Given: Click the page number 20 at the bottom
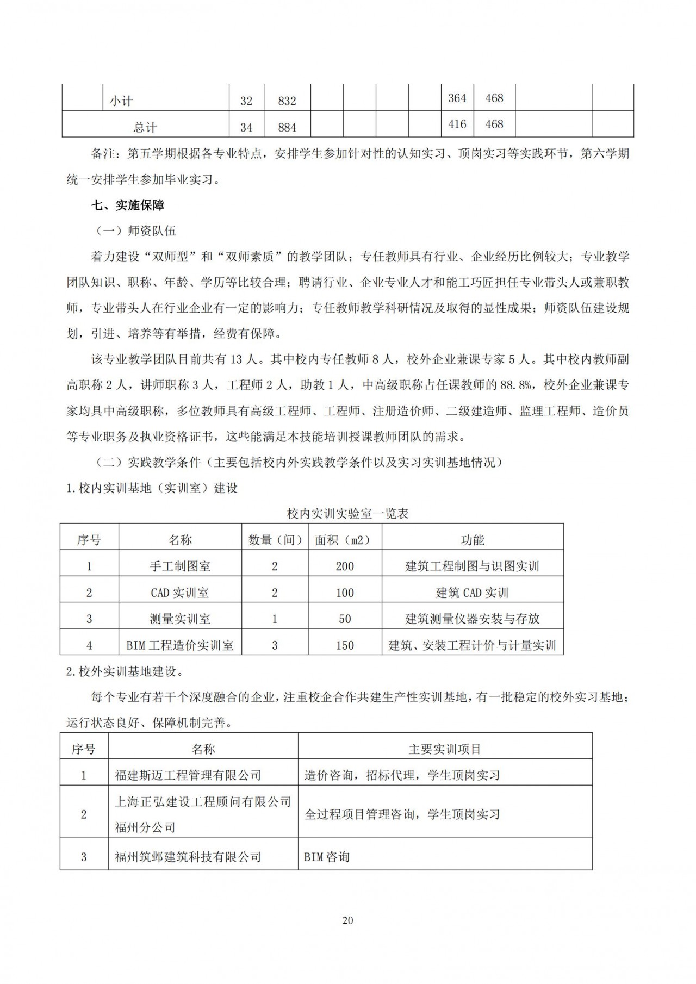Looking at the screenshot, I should [348, 920].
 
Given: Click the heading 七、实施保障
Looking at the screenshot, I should [128, 205].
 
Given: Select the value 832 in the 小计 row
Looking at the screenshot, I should [287, 101].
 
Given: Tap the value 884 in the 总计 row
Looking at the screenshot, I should [287, 127].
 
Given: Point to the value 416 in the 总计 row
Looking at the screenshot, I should [457, 124].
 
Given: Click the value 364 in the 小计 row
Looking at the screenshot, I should [457, 98].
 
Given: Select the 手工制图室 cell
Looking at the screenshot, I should [180, 566].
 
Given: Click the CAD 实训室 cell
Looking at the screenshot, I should [180, 592].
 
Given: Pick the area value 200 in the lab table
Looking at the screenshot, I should [345, 566].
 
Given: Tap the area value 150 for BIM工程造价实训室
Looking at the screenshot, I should [345, 645].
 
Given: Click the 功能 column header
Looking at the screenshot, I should [472, 540].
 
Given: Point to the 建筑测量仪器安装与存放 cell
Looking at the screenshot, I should [472, 619].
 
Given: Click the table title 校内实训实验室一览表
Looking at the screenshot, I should [348, 513].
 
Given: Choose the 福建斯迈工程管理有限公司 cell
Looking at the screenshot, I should [188, 775].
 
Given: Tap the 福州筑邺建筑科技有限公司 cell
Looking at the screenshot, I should [188, 857].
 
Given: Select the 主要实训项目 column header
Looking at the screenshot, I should [445, 749].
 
